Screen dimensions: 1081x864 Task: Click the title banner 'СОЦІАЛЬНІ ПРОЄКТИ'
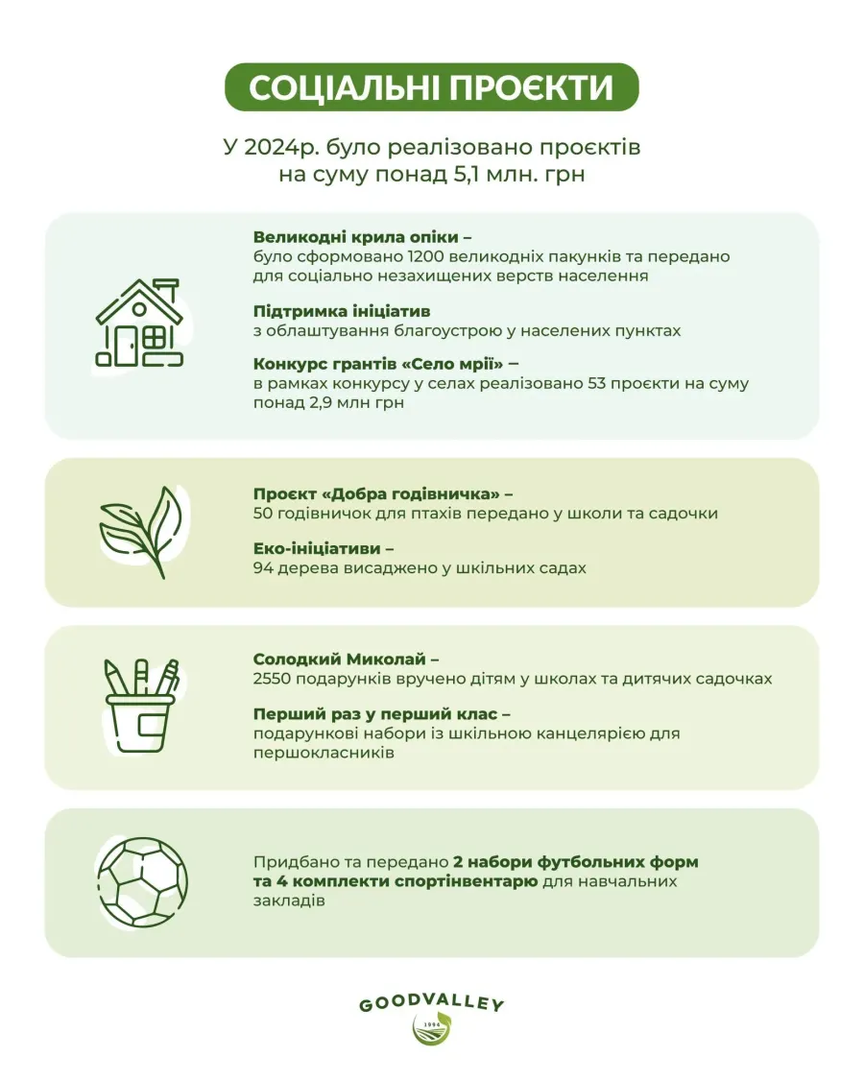[x=431, y=87]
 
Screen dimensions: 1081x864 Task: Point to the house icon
[x=139, y=324]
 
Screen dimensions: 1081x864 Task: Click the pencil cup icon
[x=141, y=706]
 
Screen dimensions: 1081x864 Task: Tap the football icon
[x=142, y=881]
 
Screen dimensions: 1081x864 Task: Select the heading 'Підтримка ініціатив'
[x=341, y=311]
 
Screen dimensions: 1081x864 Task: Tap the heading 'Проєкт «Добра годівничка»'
[x=372, y=494]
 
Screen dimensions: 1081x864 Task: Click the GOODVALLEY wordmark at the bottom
[x=431, y=1005]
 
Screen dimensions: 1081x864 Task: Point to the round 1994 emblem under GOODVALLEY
[x=431, y=1032]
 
